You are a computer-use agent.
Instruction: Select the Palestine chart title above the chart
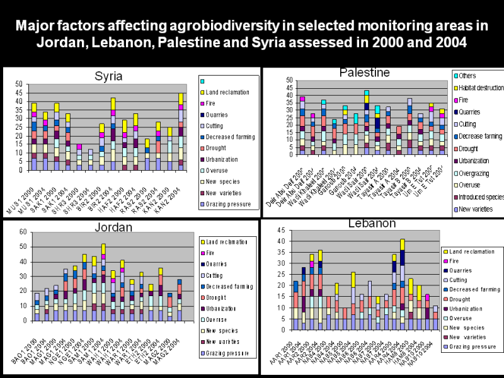point(364,73)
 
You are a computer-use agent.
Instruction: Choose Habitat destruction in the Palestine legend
point(479,88)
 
